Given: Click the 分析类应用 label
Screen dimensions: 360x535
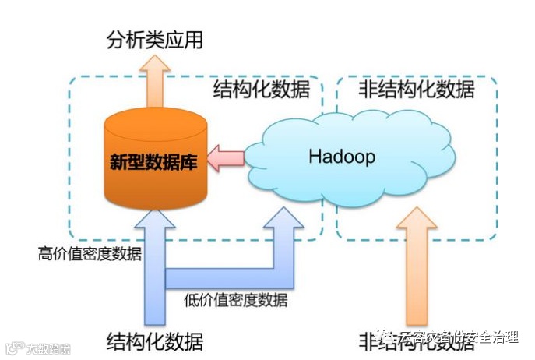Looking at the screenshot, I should click(154, 40).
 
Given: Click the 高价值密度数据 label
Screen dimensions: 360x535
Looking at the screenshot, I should click(90, 253).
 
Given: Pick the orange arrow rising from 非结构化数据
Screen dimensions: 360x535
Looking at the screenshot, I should click(417, 269).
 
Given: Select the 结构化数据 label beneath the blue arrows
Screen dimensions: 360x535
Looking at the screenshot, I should click(154, 341).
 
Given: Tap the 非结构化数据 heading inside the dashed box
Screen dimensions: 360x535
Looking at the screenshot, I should click(416, 90).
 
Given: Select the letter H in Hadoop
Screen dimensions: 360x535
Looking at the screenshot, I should click(315, 157).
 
